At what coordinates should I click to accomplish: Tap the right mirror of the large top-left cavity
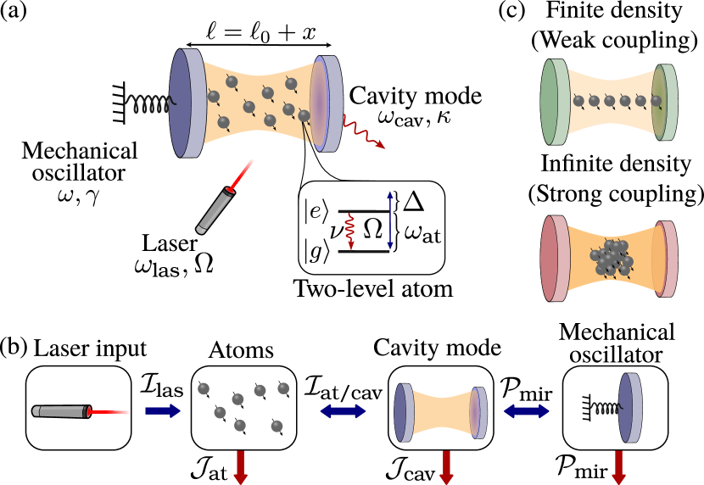(327, 103)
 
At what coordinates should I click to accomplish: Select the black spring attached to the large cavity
(148, 104)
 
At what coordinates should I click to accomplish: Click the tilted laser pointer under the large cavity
(215, 209)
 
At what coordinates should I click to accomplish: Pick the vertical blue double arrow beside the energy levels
(390, 220)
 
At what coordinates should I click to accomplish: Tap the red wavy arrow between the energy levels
(349, 231)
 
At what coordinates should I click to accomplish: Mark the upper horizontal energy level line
(363, 211)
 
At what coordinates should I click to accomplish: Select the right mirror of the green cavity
(665, 103)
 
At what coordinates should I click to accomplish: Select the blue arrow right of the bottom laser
(163, 411)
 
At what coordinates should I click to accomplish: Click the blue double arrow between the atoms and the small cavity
(343, 411)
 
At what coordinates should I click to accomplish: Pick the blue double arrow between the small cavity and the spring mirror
(526, 411)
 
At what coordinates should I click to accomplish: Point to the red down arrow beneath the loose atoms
(241, 467)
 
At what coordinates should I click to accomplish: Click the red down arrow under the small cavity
(447, 467)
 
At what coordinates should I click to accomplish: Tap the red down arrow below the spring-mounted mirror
(619, 467)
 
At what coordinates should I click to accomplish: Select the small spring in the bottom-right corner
(605, 409)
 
